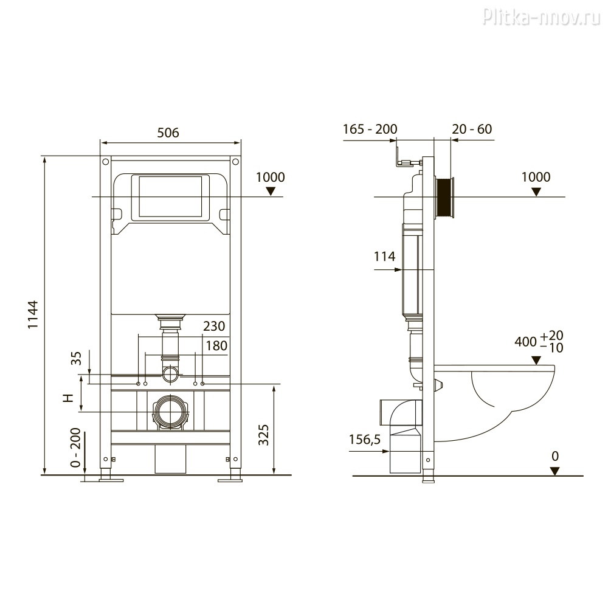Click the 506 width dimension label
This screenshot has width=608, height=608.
[168, 133]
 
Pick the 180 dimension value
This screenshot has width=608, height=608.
[216, 345]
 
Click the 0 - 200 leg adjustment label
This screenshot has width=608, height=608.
[76, 451]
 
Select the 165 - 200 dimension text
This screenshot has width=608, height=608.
[370, 129]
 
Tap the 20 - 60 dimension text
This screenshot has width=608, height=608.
[472, 129]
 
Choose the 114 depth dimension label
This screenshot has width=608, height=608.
[384, 257]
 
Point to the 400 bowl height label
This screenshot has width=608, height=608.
[525, 342]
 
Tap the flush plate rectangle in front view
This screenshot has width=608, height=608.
[170, 197]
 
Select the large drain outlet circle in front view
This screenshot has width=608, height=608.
[171, 411]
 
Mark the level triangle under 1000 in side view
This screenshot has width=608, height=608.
[536, 192]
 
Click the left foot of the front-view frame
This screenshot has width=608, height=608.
[111, 478]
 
